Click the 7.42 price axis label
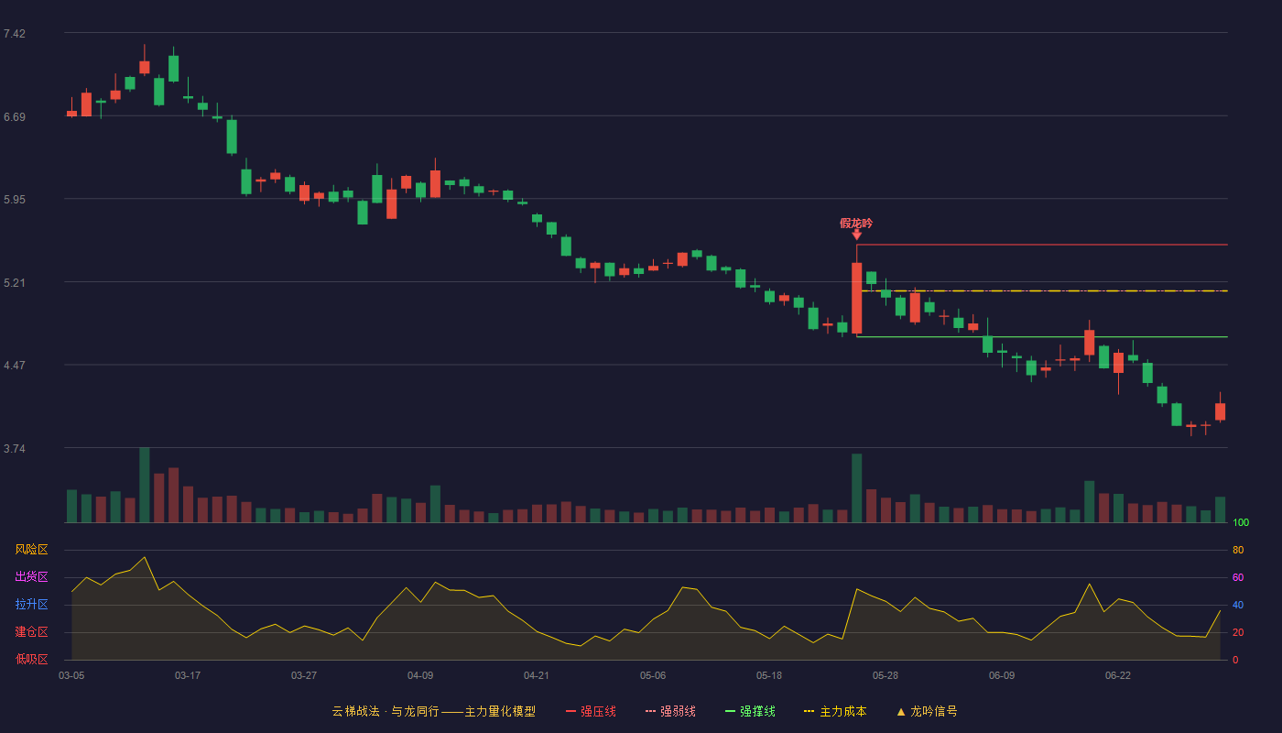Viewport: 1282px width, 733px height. tap(15, 34)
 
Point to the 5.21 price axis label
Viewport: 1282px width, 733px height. tap(15, 283)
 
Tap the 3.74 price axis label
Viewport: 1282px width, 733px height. tap(15, 449)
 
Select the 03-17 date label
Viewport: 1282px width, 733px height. tap(188, 676)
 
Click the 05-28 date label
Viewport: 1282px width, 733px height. tap(885, 676)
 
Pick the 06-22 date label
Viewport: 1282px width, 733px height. tap(1118, 676)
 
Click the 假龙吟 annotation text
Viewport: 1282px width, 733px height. tap(856, 224)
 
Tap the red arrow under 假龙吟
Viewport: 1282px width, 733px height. tap(857, 235)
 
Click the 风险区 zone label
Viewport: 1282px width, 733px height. tap(31, 550)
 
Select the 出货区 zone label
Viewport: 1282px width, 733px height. tap(31, 576)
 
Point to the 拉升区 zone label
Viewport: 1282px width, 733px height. tap(31, 604)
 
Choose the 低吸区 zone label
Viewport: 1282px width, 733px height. tap(31, 659)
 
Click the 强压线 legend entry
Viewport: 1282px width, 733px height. tap(591, 711)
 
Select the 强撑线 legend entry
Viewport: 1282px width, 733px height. tap(750, 711)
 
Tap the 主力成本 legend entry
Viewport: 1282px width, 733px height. tap(835, 711)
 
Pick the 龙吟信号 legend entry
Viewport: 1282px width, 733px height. tap(927, 711)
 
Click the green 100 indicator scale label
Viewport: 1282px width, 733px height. tap(1241, 522)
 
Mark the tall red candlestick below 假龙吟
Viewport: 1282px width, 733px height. tap(857, 298)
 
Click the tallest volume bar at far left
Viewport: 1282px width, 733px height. tap(145, 485)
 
